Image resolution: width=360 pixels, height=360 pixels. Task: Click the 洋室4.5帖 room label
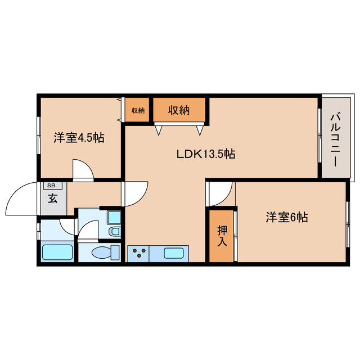[79, 138]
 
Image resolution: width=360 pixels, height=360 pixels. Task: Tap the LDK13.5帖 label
[206, 154]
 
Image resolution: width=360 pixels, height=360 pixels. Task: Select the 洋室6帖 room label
[287, 217]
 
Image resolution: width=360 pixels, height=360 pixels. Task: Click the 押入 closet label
[222, 236]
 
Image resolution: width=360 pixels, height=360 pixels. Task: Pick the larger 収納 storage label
[179, 110]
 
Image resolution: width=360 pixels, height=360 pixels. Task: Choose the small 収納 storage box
[137, 110]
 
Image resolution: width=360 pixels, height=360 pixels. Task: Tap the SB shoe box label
[52, 186]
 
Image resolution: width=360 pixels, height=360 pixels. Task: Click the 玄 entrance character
[53, 199]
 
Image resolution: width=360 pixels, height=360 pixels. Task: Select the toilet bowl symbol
[101, 253]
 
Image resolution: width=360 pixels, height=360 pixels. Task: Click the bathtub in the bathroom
[57, 252]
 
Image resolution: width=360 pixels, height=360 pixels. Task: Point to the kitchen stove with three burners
[138, 254]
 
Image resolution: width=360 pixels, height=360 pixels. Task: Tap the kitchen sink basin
[173, 254]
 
